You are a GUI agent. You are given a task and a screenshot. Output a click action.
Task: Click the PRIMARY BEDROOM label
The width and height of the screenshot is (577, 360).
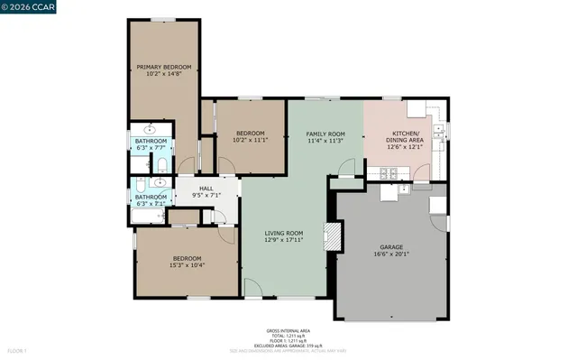(x=162, y=67)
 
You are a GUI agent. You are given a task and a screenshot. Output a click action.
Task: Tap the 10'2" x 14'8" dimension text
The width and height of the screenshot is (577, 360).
(x=162, y=74)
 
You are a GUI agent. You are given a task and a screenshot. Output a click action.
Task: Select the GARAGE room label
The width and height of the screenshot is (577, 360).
(x=391, y=246)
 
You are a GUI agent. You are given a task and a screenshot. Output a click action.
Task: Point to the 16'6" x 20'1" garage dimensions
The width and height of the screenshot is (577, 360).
(x=391, y=254)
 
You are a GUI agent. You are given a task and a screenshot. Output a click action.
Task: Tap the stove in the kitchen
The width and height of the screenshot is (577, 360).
(x=390, y=172)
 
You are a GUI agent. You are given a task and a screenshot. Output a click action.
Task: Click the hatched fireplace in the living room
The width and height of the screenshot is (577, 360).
(x=334, y=237)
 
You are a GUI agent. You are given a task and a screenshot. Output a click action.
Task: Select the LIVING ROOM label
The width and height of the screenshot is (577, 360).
(x=283, y=234)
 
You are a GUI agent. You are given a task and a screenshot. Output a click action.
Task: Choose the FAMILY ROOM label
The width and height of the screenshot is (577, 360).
(x=325, y=133)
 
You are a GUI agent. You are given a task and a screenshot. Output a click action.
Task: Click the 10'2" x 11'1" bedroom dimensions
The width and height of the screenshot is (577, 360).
(x=252, y=140)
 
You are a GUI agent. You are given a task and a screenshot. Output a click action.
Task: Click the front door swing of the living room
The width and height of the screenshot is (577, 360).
(x=254, y=289)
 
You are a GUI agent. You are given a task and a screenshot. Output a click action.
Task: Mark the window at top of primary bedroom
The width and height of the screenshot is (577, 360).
(x=162, y=18)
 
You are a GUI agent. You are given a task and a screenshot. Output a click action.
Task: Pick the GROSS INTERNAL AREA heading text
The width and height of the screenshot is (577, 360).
(x=288, y=331)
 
